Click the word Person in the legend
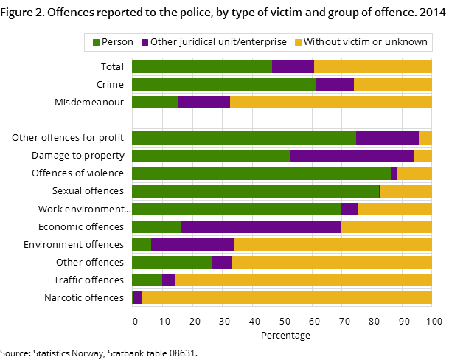click(117, 42)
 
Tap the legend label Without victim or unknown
click(365, 42)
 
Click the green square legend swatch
click(96, 43)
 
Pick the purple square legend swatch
click(145, 43)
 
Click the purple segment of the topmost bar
click(293, 66)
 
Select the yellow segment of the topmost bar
click(372, 66)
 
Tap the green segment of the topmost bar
click(201, 66)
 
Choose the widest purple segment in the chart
click(261, 226)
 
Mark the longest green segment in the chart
click(261, 173)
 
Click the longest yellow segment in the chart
click(287, 298)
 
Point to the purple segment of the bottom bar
click(138, 298)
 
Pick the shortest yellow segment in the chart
click(425, 138)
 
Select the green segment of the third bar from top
click(155, 102)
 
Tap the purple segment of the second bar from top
click(335, 84)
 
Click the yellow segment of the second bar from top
click(392, 84)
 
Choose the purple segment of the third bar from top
click(203, 102)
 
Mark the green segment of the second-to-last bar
click(147, 280)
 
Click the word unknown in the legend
click(409, 42)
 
